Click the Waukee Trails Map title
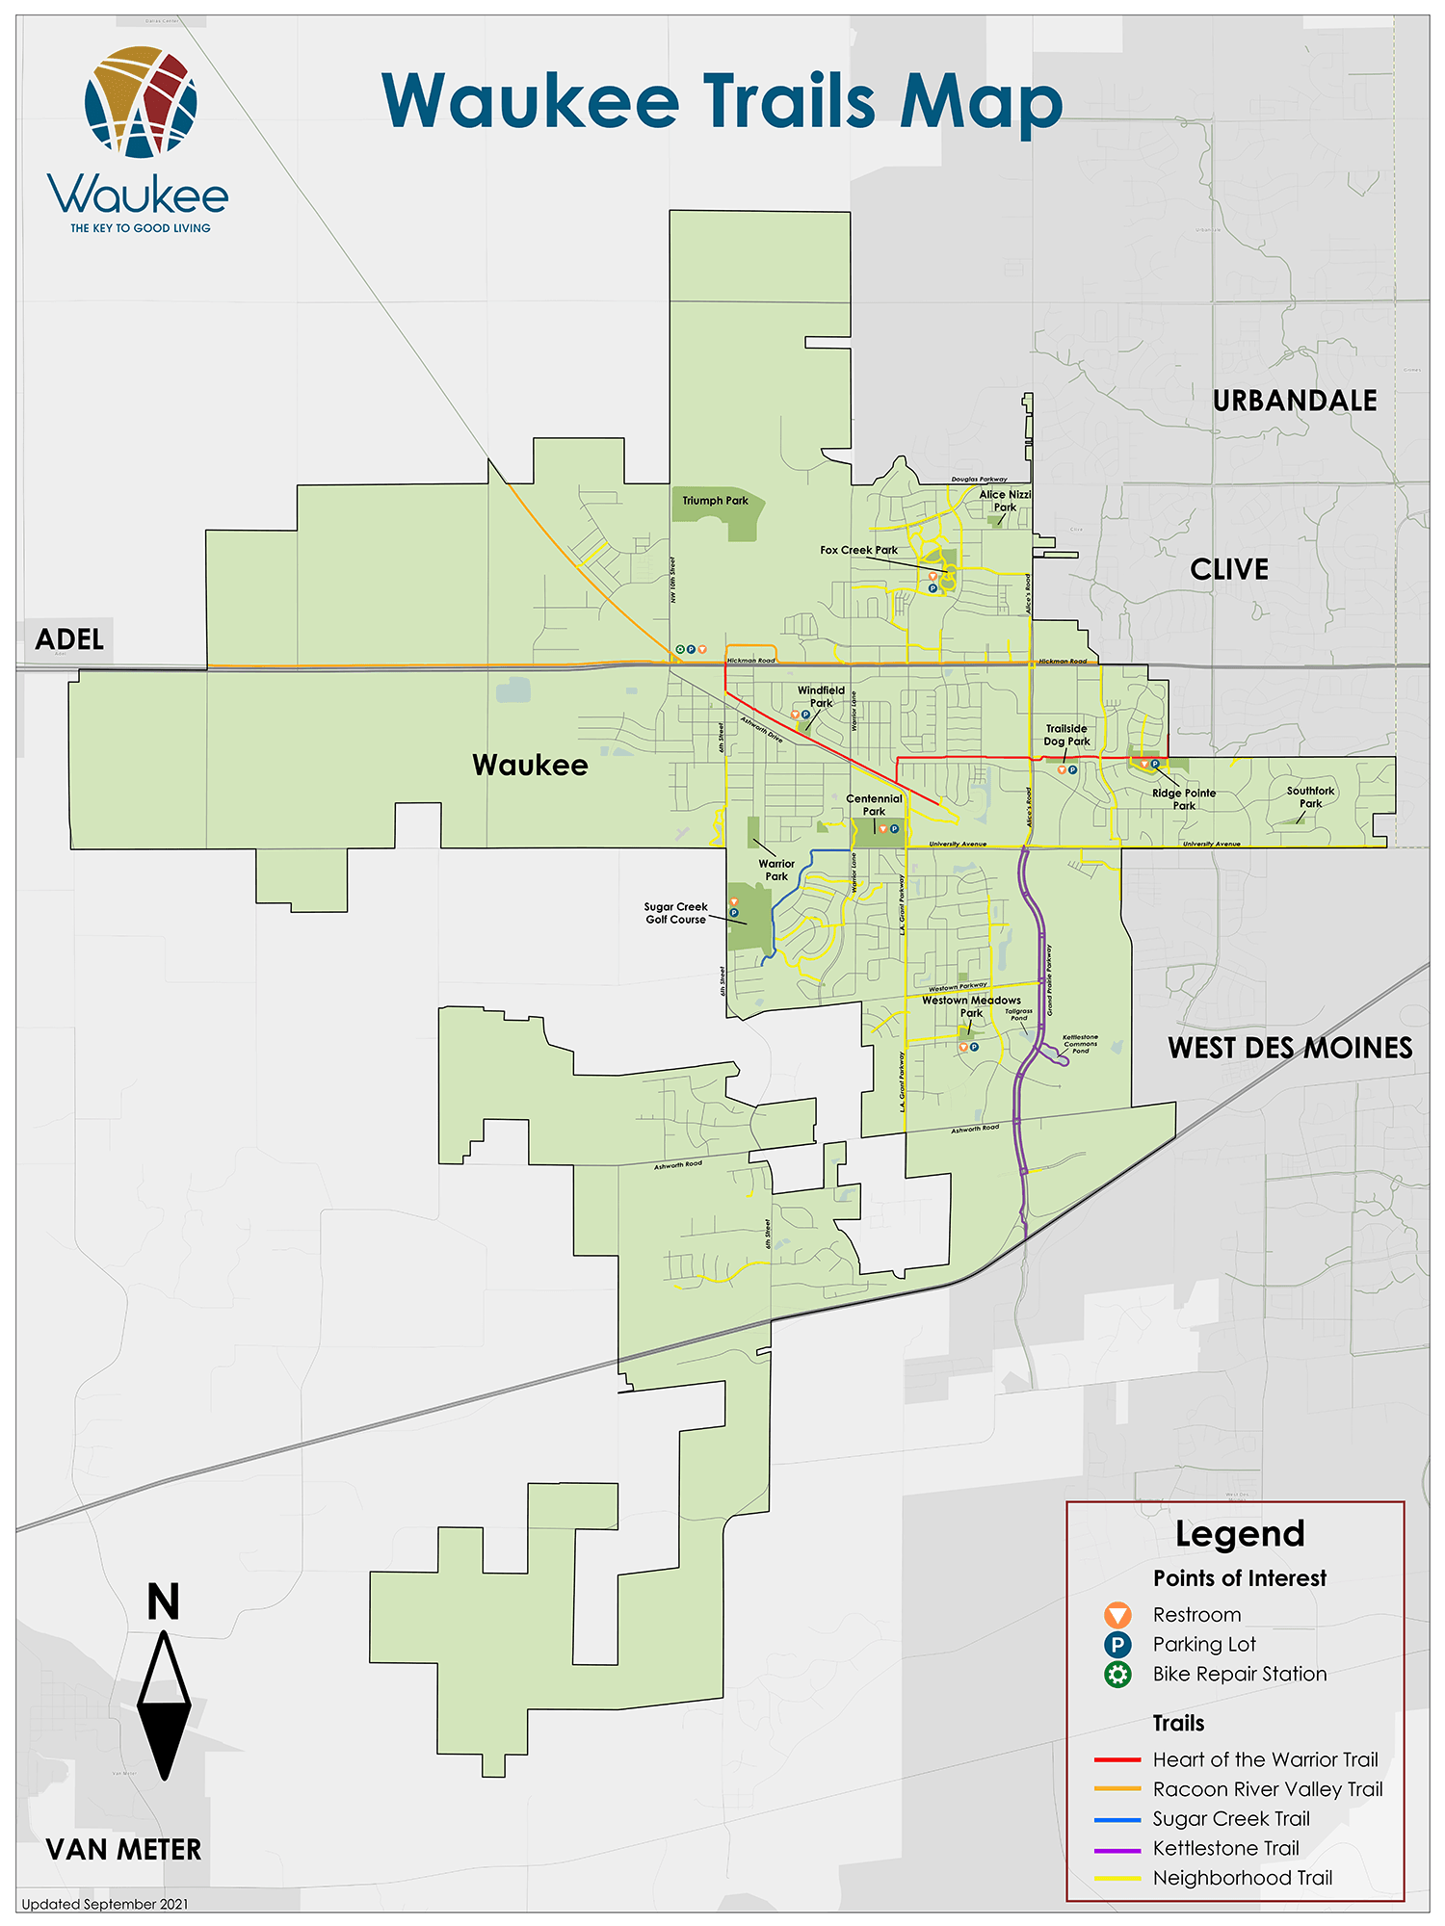tap(722, 101)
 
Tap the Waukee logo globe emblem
tap(141, 101)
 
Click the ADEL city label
tap(69, 639)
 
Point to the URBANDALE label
tap(1294, 401)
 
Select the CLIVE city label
tap(1229, 570)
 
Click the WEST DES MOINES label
tap(1290, 1048)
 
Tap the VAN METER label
tap(124, 1849)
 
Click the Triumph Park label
tap(715, 501)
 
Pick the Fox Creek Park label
tap(858, 551)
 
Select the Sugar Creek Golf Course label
tap(675, 913)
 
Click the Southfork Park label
tap(1310, 797)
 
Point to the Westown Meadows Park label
tap(971, 1006)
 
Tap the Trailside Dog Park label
tap(1066, 735)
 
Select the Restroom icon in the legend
tap(1117, 1615)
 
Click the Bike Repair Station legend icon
tap(1117, 1674)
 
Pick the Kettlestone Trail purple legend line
tap(1117, 1848)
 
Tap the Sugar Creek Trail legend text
tap(1231, 1818)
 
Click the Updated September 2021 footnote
tap(104, 1904)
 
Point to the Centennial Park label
tap(874, 805)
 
